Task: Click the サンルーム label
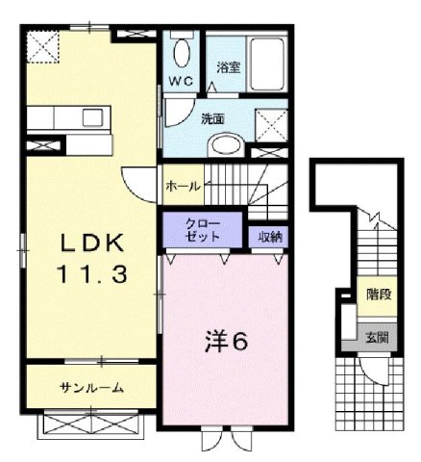92,387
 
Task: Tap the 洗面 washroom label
212,119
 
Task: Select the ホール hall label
183,185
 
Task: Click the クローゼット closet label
202,231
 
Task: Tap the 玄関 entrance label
377,337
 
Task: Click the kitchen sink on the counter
94,118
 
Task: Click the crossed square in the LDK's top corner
42,44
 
